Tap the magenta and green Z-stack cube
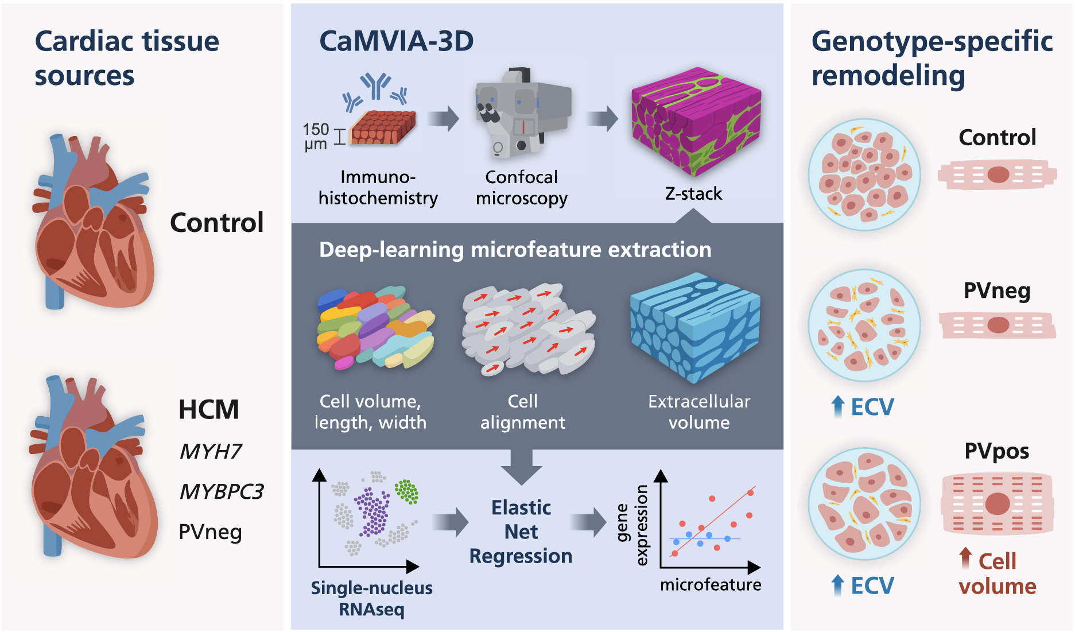point(696,121)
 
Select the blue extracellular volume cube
point(694,327)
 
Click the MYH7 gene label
point(210,452)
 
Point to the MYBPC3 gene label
point(221,492)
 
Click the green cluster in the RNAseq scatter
point(406,491)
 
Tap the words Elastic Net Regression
point(521,532)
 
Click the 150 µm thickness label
point(316,137)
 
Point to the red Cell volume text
point(998,573)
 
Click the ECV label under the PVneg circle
point(871,407)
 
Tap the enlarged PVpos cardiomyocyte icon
point(998,503)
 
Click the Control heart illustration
point(92,224)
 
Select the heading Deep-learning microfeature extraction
point(515,250)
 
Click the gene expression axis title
point(632,525)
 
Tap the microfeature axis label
point(711,585)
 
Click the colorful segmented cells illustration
point(376,327)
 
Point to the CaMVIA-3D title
point(396,41)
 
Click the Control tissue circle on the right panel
point(864,175)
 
